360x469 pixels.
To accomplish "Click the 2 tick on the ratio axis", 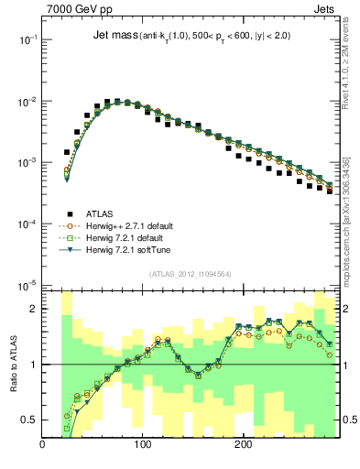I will (34, 309).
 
